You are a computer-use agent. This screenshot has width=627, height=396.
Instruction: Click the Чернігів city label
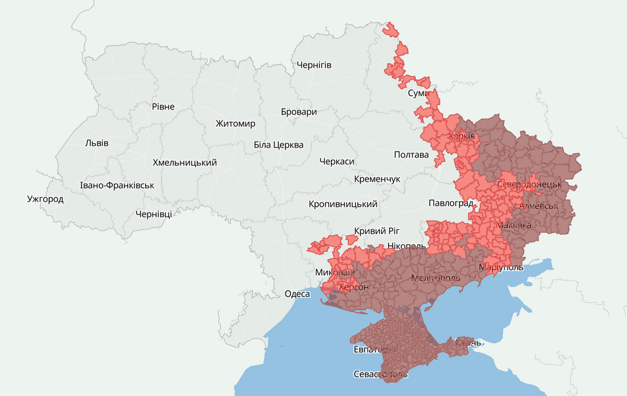pos(314,65)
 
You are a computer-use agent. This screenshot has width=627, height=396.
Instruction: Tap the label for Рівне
pos(163,107)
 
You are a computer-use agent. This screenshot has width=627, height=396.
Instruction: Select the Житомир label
pos(235,124)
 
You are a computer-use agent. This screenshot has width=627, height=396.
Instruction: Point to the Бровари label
pos(299,112)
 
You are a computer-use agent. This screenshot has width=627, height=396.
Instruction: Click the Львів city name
pos(97,143)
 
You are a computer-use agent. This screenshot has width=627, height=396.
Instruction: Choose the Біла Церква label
pos(279,145)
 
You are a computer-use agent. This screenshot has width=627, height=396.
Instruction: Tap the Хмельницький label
pos(185,163)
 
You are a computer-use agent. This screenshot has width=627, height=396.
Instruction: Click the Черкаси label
pos(337,162)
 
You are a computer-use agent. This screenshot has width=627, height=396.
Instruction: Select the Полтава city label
pos(411,155)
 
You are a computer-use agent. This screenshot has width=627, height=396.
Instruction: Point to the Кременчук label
pos(377,179)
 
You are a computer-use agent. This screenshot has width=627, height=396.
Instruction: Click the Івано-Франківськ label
pos(117,185)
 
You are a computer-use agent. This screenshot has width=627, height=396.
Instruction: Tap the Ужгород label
pos(45,199)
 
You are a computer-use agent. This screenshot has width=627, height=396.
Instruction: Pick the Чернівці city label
pos(153,214)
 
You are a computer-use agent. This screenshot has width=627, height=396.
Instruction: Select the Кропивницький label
pos(343,204)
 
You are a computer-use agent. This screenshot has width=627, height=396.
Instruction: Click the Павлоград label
pos(450,203)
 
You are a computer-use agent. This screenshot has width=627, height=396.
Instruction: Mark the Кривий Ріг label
pos(377,231)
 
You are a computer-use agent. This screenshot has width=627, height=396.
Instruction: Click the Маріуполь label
pos(501,268)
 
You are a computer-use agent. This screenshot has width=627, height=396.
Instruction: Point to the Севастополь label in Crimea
pos(381,374)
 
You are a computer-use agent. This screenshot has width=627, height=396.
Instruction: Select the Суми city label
pos(418,93)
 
